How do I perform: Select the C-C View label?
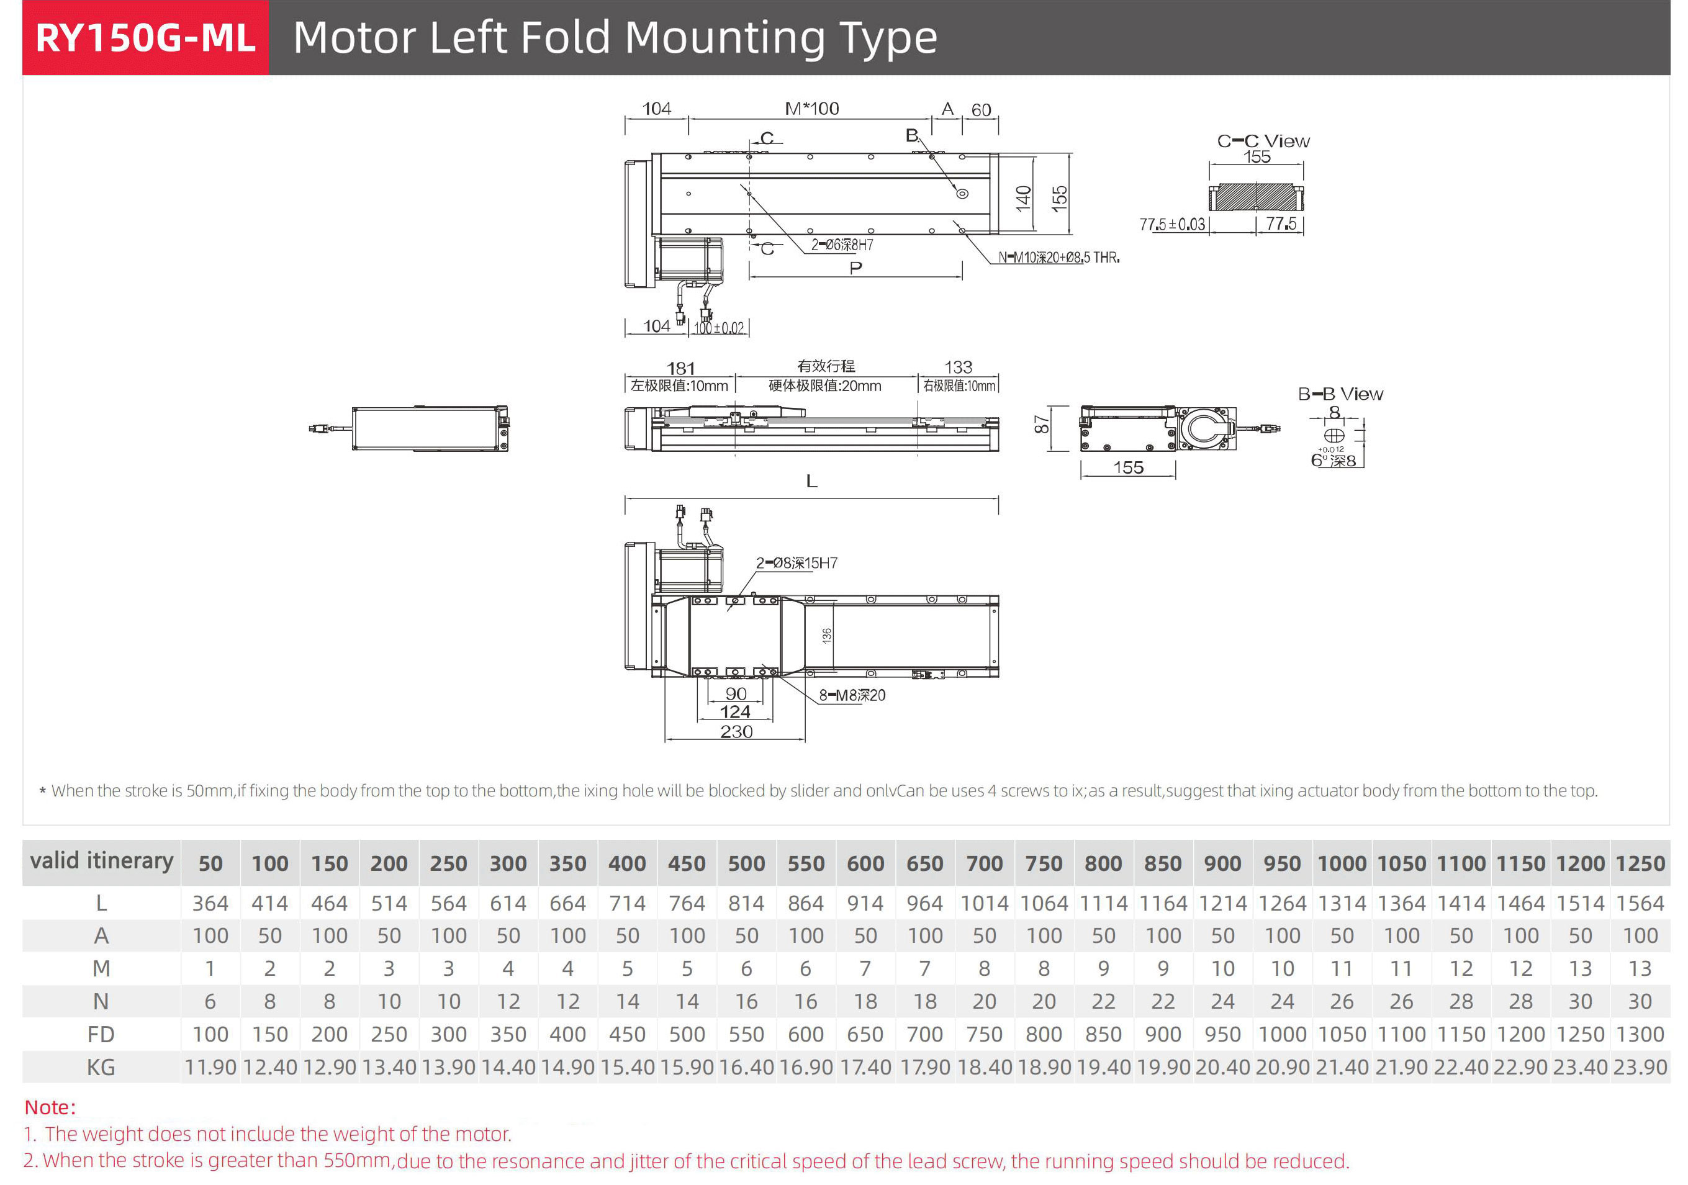click(x=1263, y=140)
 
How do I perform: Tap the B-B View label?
click(x=1340, y=394)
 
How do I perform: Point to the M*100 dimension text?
click(x=811, y=109)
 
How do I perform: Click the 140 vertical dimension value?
click(x=1023, y=199)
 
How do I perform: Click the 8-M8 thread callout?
click(x=852, y=695)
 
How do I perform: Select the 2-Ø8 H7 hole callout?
click(x=797, y=563)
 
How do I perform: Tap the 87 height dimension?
click(x=1041, y=425)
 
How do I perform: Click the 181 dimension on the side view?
click(x=680, y=368)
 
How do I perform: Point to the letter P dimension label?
click(x=855, y=268)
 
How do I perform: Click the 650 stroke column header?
click(x=925, y=863)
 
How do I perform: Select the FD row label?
click(x=101, y=1034)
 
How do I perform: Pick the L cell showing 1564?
click(x=1640, y=903)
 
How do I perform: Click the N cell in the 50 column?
click(x=210, y=1001)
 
